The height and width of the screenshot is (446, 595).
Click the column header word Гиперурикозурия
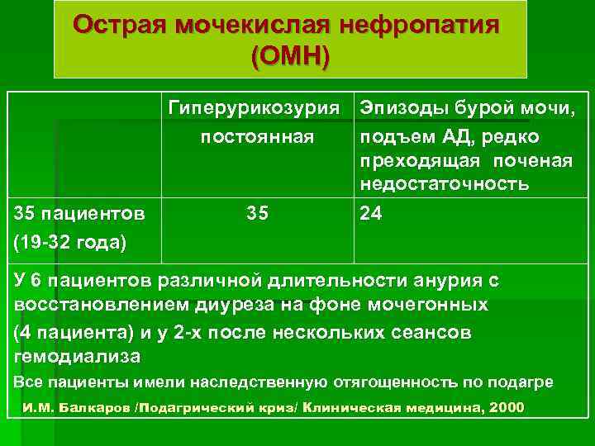point(255,108)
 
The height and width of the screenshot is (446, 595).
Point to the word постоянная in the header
point(257,135)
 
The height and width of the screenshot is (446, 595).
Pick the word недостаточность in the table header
point(445,184)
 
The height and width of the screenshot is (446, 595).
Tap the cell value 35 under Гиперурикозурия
point(257,214)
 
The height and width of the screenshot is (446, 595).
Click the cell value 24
point(371,214)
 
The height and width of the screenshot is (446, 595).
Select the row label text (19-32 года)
point(70,242)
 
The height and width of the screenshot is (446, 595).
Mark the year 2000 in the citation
point(507,409)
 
